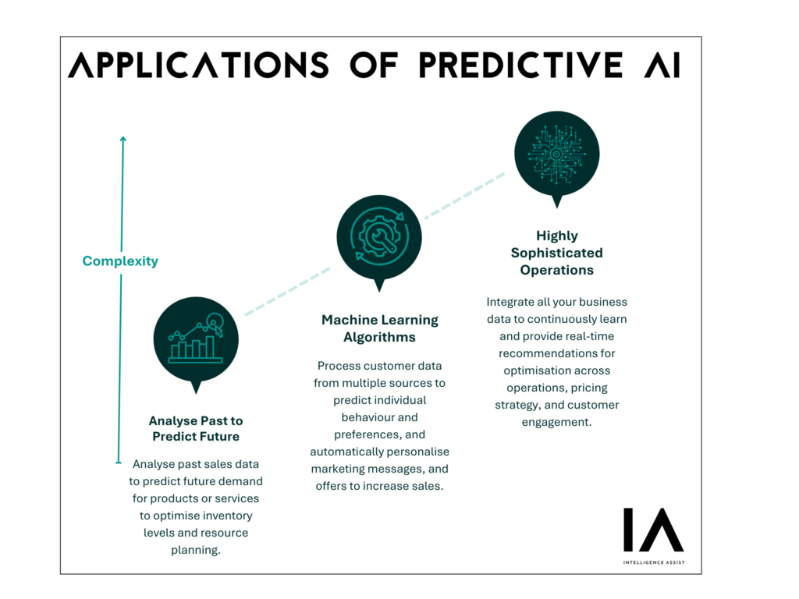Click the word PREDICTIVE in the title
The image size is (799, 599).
[520, 66]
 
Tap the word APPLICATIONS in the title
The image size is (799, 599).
[199, 66]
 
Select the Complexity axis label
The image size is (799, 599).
[120, 261]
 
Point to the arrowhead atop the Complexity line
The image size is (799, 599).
[123, 139]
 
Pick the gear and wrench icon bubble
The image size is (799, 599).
[379, 239]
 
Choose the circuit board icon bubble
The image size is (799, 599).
[557, 154]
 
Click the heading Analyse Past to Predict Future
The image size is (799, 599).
[196, 428]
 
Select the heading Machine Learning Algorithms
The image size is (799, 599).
[380, 328]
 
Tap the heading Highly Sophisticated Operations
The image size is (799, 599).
[557, 253]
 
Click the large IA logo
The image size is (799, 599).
[654, 530]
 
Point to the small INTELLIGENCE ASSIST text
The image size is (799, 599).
[654, 562]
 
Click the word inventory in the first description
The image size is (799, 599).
[227, 516]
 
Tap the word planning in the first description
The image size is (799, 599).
[196, 550]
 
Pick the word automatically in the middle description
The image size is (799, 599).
[346, 452]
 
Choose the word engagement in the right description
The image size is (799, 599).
[557, 422]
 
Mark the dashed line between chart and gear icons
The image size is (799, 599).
[288, 292]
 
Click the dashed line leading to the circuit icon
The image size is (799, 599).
[465, 196]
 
